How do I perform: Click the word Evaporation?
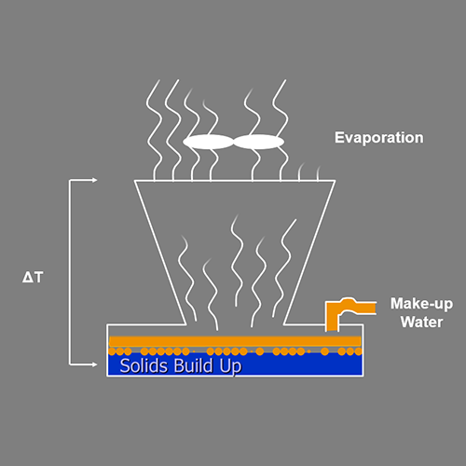(x=378, y=138)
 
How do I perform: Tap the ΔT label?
(x=33, y=277)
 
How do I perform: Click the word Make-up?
(x=421, y=305)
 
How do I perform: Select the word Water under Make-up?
(x=421, y=322)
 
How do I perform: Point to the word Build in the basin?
(x=193, y=365)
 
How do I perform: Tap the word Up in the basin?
(x=230, y=366)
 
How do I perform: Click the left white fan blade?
(x=208, y=142)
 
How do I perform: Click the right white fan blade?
(x=258, y=142)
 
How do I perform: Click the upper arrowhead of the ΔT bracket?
(x=94, y=180)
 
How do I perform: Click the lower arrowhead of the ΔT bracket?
(x=94, y=364)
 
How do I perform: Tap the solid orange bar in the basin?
(x=235, y=341)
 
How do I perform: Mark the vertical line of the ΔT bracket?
(x=69, y=272)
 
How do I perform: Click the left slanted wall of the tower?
(x=160, y=253)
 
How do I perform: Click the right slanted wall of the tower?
(x=309, y=253)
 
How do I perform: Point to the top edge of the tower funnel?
(x=235, y=181)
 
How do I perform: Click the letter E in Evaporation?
(x=339, y=137)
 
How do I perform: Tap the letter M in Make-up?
(x=397, y=304)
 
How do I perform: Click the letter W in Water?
(x=407, y=322)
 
